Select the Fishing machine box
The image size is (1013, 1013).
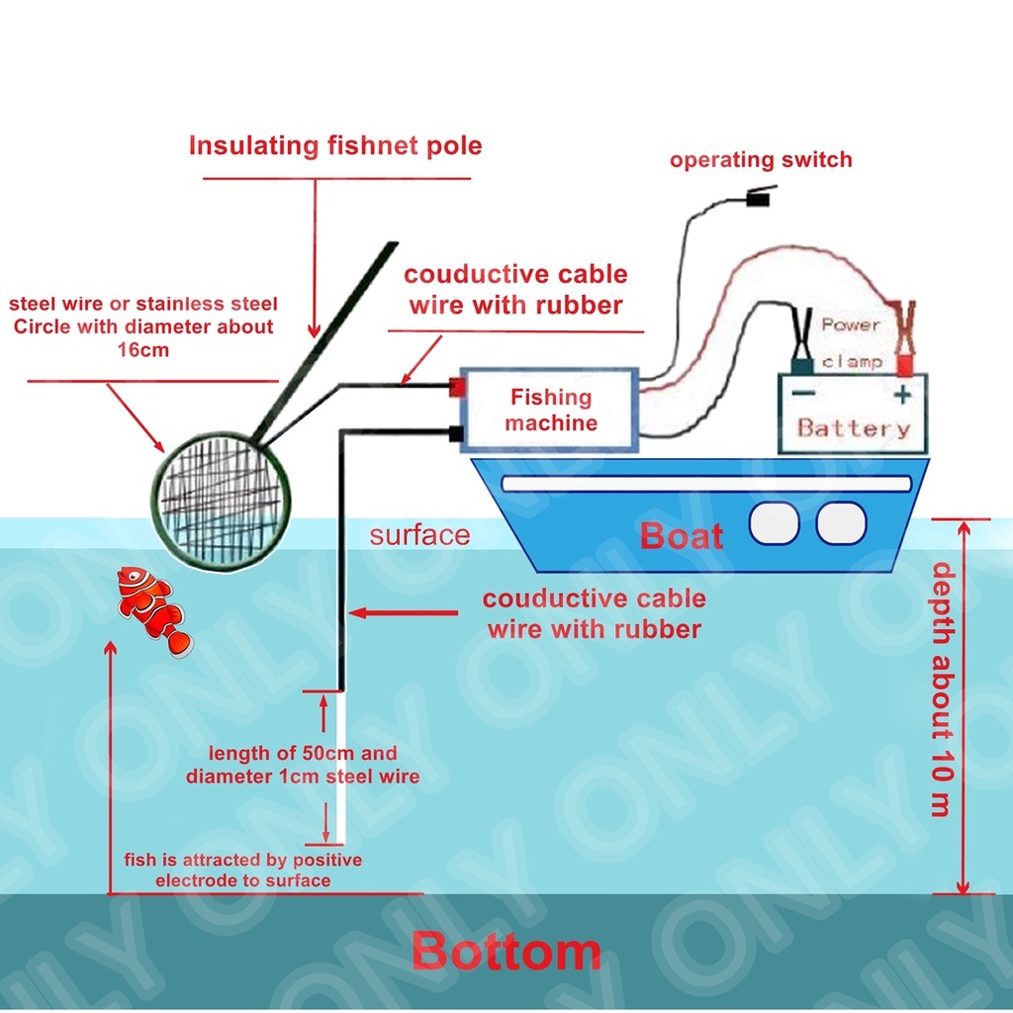(x=550, y=410)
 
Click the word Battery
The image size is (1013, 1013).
(x=854, y=428)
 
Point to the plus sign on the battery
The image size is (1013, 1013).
(x=902, y=394)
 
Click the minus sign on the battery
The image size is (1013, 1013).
(x=803, y=392)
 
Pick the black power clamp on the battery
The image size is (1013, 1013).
(x=802, y=341)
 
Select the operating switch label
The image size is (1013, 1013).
(x=761, y=159)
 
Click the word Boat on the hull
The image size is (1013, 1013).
(x=682, y=536)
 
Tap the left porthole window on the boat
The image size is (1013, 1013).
(x=774, y=523)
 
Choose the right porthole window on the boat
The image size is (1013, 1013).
(x=841, y=523)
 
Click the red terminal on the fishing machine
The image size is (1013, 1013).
(x=457, y=388)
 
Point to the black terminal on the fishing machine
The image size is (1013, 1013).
(x=456, y=433)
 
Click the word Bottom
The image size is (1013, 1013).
(x=506, y=951)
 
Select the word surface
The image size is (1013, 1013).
(x=419, y=535)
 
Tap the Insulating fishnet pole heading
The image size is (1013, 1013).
(x=335, y=146)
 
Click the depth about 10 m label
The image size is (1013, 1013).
(x=943, y=690)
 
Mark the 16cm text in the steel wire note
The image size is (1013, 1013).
(x=143, y=350)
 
